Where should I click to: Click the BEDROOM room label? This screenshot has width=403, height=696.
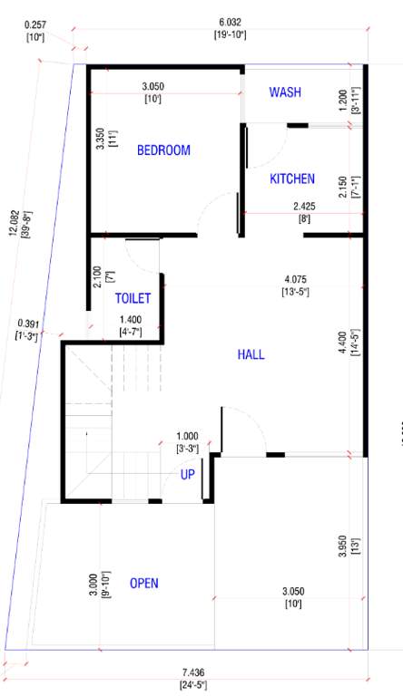(163, 150)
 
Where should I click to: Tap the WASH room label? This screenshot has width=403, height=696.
(285, 92)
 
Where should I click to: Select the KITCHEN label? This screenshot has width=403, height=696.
(292, 179)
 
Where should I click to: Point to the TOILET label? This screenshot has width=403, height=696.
(133, 298)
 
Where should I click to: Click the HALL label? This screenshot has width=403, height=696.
(251, 354)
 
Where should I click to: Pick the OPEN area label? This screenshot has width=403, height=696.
(144, 583)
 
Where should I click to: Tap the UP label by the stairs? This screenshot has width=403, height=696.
(188, 475)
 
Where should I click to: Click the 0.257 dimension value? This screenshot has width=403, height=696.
(36, 25)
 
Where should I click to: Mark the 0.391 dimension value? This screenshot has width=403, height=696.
(27, 324)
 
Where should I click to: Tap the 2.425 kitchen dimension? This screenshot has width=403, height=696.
(305, 206)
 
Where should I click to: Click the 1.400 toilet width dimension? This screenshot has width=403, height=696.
(132, 320)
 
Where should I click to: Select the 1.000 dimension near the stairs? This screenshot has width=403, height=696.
(187, 436)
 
